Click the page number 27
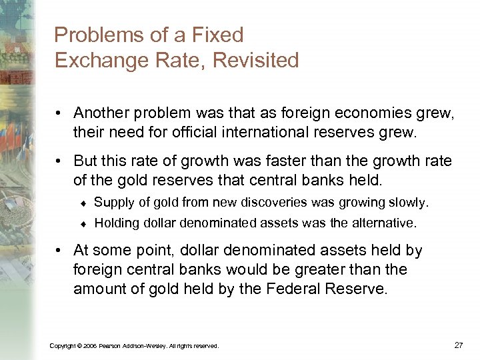[x=458, y=345]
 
